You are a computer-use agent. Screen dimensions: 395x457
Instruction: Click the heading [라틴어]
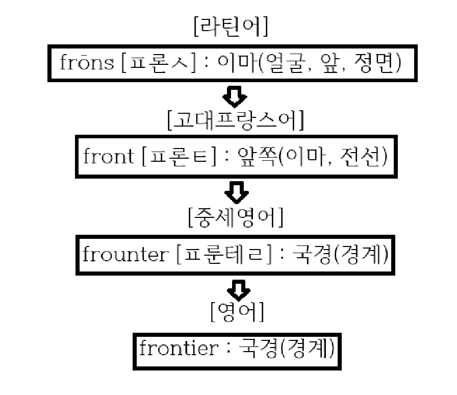coord(230,29)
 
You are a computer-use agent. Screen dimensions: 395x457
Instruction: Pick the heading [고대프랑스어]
coord(235,122)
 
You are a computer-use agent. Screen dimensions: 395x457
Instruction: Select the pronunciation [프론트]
coord(176,157)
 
